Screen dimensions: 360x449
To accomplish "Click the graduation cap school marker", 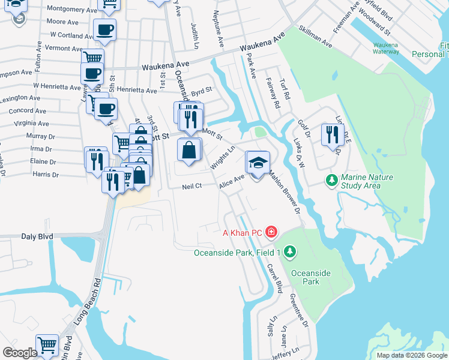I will tap(258, 163).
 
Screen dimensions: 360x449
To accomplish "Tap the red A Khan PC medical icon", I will tap(271, 232).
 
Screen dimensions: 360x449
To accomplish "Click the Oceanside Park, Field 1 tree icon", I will tap(290, 251).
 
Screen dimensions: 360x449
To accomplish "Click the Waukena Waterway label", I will tap(385, 48).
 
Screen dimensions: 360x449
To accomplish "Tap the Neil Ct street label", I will tap(191, 187).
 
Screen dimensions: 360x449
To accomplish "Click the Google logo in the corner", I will tap(20, 353).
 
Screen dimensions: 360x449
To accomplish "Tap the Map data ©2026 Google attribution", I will tap(411, 355).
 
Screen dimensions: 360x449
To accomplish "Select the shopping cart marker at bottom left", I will tap(47, 346).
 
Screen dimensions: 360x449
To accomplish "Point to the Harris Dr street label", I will tap(46, 175).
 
